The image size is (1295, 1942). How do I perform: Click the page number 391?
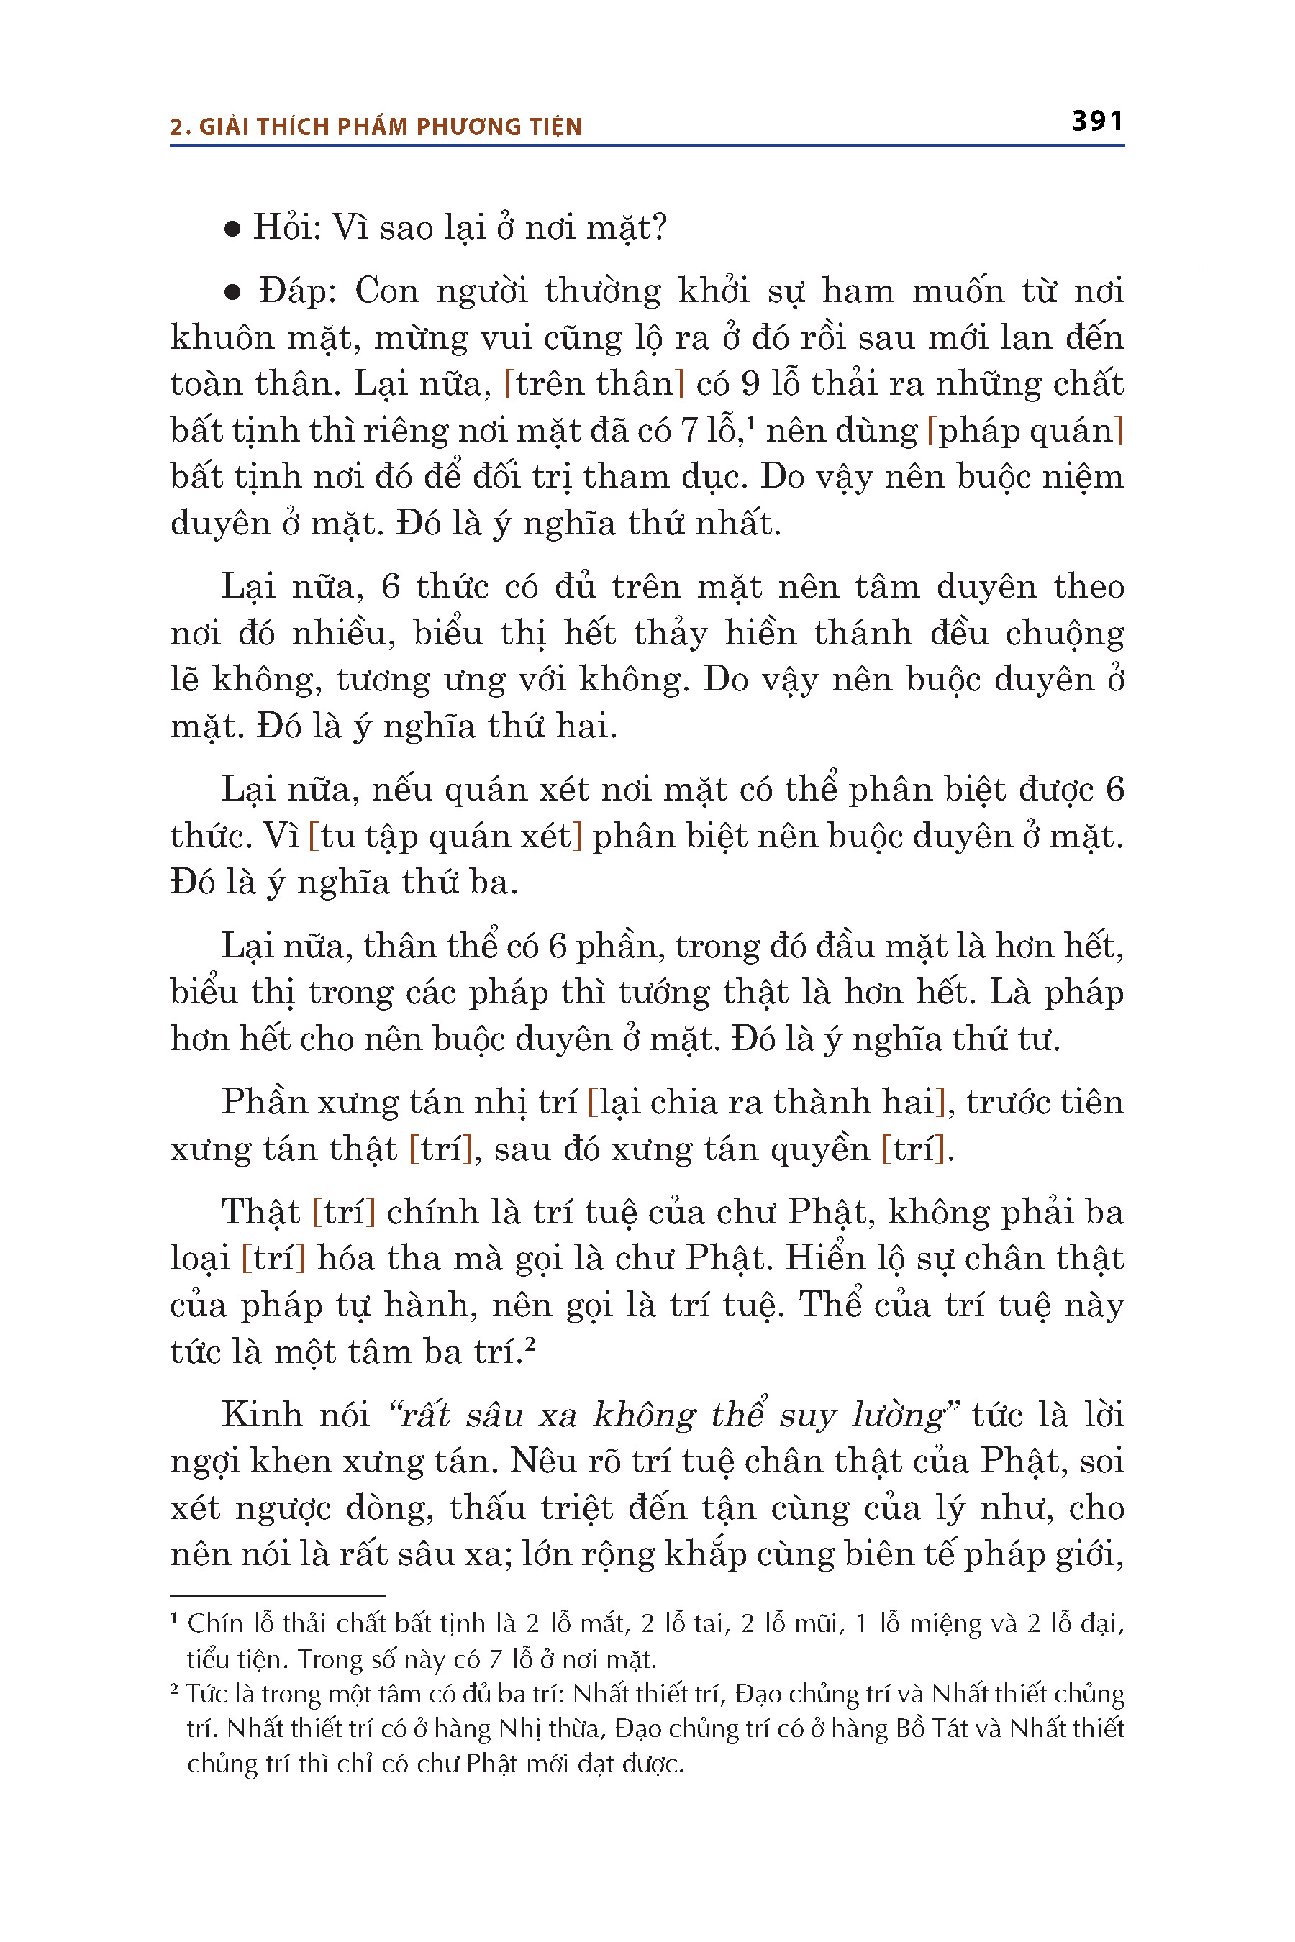pos(1096,122)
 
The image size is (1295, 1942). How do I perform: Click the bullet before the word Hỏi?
pos(233,229)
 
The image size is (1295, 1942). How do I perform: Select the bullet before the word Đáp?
pos(233,292)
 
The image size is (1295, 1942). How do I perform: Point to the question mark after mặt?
pos(659,228)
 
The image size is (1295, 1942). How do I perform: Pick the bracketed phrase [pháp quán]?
pos(1026,431)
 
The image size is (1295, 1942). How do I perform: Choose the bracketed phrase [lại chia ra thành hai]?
pos(765,1103)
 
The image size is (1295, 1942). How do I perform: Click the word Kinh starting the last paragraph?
pos(262,1416)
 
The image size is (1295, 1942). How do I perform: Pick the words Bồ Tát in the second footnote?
pos(932,1728)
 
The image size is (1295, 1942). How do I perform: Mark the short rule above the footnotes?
pos(278,1595)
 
